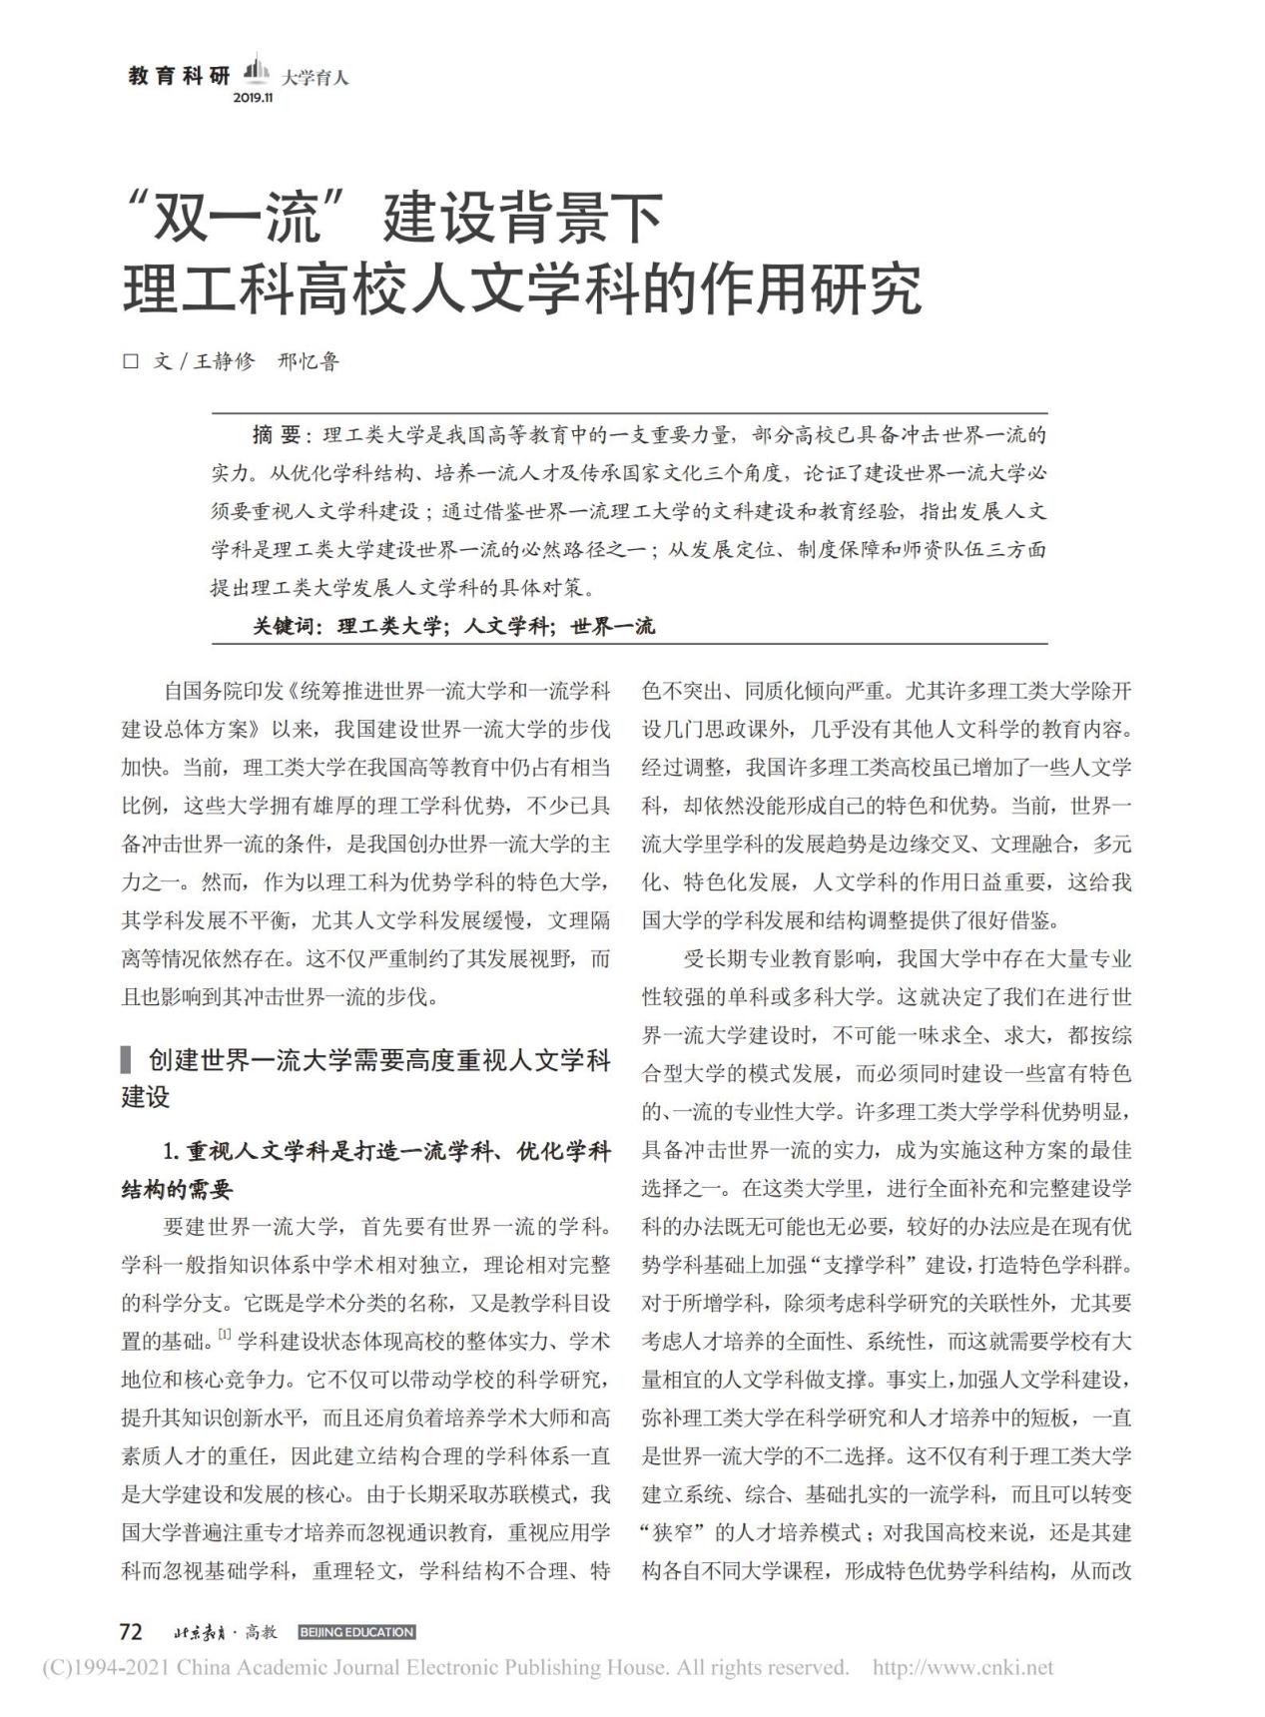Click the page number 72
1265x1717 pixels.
(131, 1631)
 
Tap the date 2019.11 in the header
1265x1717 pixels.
(253, 98)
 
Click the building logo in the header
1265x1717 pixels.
(258, 72)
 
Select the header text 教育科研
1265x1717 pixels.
(180, 77)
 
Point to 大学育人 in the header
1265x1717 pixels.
(315, 77)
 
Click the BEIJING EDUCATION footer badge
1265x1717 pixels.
(355, 1632)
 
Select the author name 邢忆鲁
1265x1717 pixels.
(309, 361)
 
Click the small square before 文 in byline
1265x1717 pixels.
(130, 361)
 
